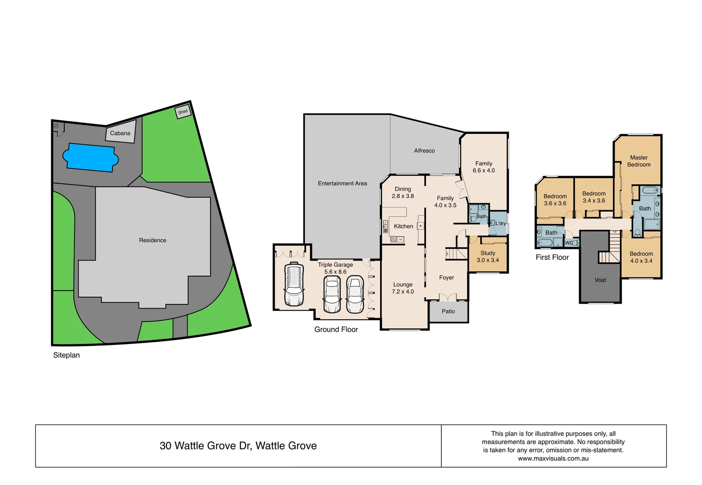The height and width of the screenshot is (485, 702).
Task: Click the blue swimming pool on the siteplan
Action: click(90, 158)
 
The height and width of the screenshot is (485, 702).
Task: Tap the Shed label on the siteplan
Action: click(183, 112)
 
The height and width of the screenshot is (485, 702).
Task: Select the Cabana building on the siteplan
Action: click(120, 133)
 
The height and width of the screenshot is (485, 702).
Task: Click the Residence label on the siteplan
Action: click(153, 240)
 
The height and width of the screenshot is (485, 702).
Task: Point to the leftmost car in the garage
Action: click(294, 285)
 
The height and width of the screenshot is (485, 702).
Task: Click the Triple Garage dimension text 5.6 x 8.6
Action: click(335, 272)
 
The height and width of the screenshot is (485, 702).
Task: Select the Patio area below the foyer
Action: click(448, 311)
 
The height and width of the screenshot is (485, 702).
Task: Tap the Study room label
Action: click(488, 253)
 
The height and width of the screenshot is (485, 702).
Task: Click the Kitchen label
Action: click(404, 226)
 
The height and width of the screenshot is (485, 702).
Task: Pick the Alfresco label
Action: click(424, 151)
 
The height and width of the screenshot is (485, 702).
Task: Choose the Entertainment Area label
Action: click(342, 183)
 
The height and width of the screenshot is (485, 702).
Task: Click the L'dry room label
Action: click(500, 223)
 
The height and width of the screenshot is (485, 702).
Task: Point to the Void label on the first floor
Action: click(600, 280)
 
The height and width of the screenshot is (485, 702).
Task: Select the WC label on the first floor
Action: click(569, 243)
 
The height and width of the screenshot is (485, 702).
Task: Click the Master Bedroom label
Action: click(639, 161)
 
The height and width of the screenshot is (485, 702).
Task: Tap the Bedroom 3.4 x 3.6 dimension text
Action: click(594, 201)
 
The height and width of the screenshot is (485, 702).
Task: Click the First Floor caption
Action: click(552, 257)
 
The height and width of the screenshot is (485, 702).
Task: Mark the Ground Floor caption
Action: click(336, 330)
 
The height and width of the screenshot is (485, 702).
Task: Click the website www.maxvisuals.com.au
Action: click(553, 459)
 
